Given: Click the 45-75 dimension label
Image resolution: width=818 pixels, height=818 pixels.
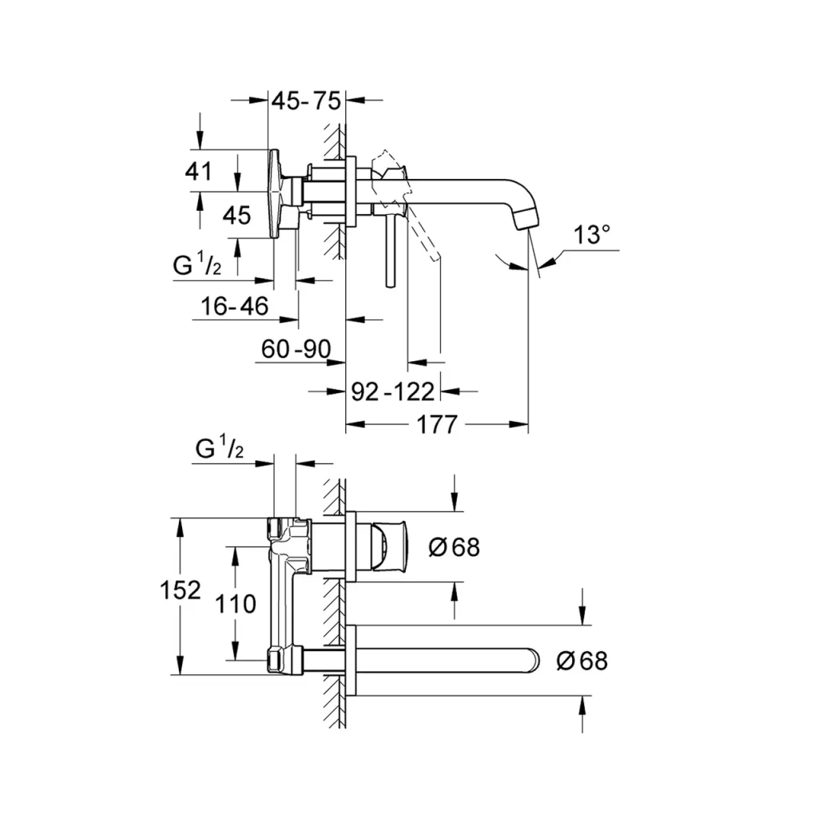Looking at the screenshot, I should [306, 101].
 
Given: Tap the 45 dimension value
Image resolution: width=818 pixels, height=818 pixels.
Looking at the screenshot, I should [236, 215].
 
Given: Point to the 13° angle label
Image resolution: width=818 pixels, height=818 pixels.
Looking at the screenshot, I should [592, 235].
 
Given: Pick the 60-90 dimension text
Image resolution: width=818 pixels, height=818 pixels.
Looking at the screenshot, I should [296, 348].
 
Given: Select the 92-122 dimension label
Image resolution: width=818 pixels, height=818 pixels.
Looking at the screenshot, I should [393, 391].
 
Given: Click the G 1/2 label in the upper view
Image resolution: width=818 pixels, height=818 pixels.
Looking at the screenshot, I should [197, 266].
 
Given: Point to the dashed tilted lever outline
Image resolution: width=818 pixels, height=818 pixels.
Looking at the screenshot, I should [423, 232].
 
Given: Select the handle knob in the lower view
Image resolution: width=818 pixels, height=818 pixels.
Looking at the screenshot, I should [391, 547].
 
